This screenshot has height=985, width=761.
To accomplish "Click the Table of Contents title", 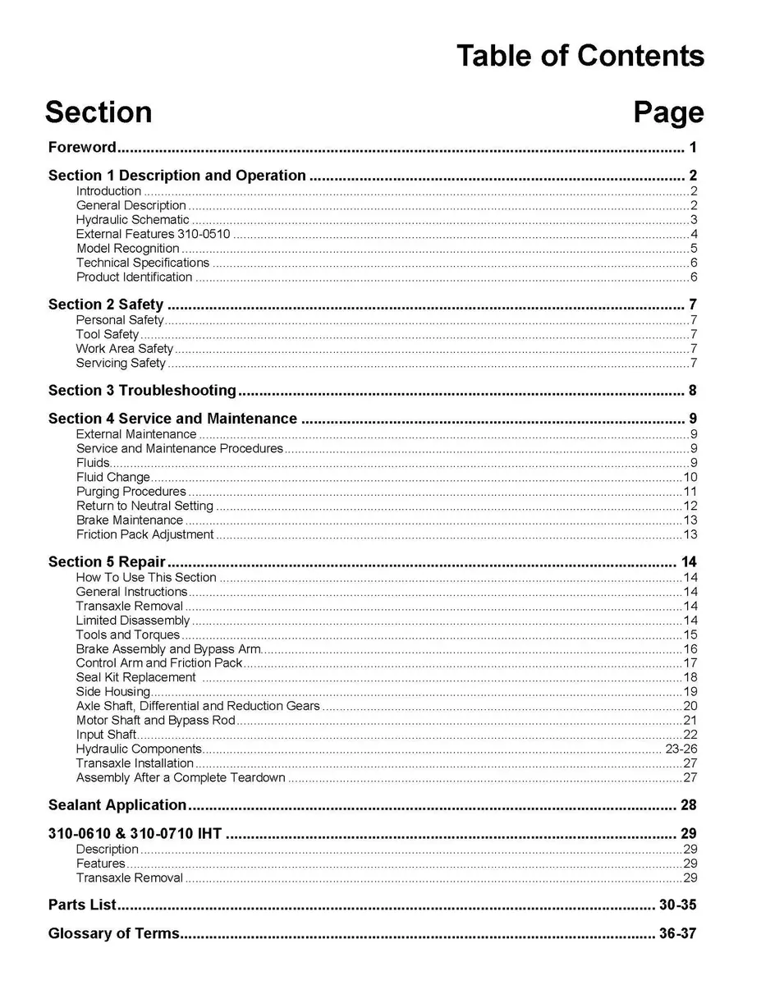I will [x=580, y=57].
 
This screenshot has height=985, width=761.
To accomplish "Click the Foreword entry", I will [x=82, y=148].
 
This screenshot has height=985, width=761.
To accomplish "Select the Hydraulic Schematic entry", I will [x=133, y=220].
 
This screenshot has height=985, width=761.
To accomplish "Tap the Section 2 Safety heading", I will [x=106, y=305].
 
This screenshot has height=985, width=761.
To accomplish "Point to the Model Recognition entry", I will [x=128, y=249].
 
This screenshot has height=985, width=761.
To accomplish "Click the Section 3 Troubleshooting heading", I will [x=142, y=390].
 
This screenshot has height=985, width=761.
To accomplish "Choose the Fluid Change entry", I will [x=113, y=477].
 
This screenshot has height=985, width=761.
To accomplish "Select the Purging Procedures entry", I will [x=131, y=492].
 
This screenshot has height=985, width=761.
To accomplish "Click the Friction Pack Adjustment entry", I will [x=145, y=534].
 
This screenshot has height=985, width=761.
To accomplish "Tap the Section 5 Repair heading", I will [x=107, y=562].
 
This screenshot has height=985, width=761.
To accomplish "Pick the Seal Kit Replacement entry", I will [x=136, y=677].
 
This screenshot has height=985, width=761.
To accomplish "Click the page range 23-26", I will [x=681, y=749].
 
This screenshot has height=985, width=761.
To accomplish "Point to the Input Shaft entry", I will [x=107, y=735].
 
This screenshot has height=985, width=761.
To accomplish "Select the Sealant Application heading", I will [x=117, y=804].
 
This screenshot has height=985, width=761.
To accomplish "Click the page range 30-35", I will [x=677, y=905].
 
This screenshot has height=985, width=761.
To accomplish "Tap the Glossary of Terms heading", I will [x=113, y=933].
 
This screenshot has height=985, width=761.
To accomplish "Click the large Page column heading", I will [x=668, y=112].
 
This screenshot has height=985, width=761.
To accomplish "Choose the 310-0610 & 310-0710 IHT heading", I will [x=135, y=834].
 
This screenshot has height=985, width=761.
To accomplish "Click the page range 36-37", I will [x=677, y=933].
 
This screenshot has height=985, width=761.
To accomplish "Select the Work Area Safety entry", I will [x=125, y=349].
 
